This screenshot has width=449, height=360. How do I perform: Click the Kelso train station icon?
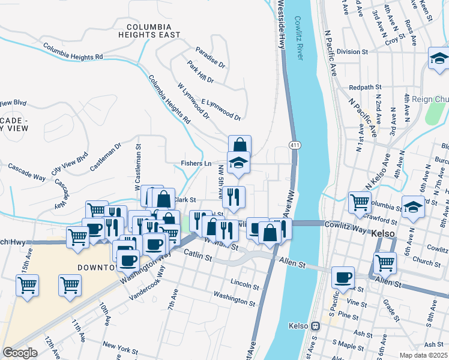click(315, 326)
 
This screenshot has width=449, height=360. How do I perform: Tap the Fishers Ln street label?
click(196, 163)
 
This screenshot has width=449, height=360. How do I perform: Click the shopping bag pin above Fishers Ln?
click(240, 146)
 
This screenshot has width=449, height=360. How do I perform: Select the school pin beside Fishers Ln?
click(238, 163)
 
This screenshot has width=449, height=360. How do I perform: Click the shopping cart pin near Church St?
click(385, 262)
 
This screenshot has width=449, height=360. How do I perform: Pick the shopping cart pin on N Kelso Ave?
click(360, 202)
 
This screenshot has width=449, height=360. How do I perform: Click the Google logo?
click(20, 353)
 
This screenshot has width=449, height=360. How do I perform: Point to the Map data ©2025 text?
click(423, 355)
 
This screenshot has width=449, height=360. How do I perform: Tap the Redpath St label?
click(362, 87)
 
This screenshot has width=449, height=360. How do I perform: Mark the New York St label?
click(120, 345)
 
